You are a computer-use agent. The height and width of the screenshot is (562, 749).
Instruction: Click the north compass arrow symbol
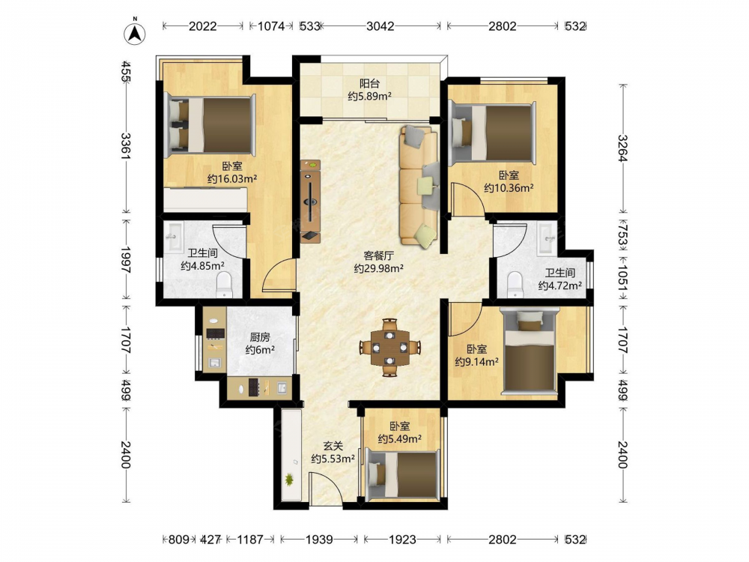[x=135, y=32]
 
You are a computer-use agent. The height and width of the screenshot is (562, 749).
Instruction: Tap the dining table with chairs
[x=390, y=347]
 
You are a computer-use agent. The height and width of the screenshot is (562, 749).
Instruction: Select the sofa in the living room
[x=419, y=187]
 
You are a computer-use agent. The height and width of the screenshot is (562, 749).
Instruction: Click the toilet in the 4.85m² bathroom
[x=224, y=285]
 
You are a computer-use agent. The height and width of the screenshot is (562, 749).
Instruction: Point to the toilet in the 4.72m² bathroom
[x=515, y=285]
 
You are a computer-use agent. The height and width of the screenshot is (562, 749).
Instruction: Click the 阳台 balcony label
[x=369, y=84]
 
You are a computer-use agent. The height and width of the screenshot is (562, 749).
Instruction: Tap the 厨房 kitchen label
[x=260, y=337]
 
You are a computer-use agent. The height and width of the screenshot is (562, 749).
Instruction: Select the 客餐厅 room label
[x=379, y=256]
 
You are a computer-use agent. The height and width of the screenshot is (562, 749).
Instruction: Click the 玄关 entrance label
[x=333, y=446]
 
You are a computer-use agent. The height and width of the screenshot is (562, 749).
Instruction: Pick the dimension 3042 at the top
[x=380, y=26]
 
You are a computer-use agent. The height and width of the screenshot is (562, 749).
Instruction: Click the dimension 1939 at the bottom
[x=319, y=540]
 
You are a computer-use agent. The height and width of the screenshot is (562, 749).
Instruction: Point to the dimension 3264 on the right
[x=622, y=148]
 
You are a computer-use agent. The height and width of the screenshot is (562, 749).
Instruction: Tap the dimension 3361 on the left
[x=126, y=146]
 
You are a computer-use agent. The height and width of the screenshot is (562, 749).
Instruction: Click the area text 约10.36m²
[x=509, y=188]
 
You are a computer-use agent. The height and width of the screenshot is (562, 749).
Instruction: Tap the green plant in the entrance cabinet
[x=289, y=479]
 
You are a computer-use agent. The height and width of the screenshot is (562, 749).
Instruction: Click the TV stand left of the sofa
[x=311, y=201]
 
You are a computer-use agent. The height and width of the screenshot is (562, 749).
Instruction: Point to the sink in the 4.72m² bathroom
[x=547, y=238]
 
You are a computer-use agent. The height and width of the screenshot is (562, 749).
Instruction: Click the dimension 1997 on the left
[x=126, y=260]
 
